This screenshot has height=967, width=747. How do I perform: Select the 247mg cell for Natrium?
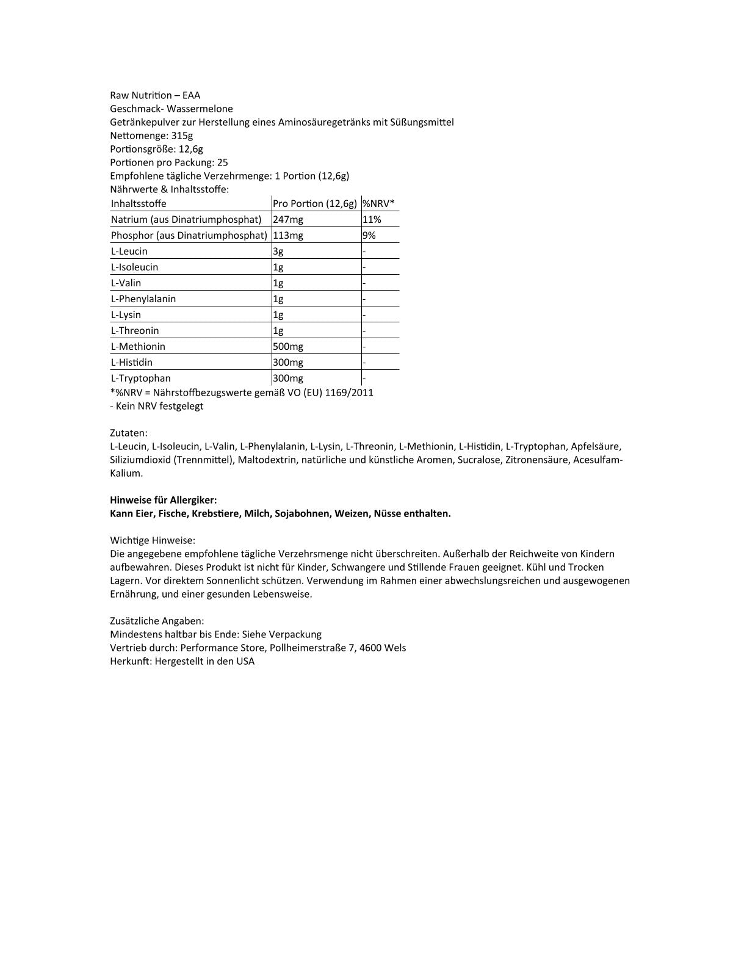click(288, 219)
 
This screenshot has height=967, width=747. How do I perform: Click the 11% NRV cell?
click(372, 219)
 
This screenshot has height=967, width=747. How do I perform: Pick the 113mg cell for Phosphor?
click(288, 235)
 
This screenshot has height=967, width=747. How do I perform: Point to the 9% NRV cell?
click(369, 235)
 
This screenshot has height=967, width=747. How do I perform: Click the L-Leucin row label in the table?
click(129, 251)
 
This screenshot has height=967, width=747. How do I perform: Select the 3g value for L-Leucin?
click(278, 251)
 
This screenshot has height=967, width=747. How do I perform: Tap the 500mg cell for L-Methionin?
click(288, 346)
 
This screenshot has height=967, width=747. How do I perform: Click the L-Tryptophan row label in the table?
click(141, 378)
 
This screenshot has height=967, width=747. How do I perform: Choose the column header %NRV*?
click(378, 203)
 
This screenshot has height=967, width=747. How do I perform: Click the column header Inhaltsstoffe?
click(139, 203)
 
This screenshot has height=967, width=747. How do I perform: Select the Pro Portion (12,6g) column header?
click(314, 203)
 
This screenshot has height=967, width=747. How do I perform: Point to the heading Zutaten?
click(129, 433)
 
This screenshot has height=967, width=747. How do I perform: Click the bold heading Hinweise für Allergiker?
click(164, 500)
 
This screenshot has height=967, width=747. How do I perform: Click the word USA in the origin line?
click(245, 661)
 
